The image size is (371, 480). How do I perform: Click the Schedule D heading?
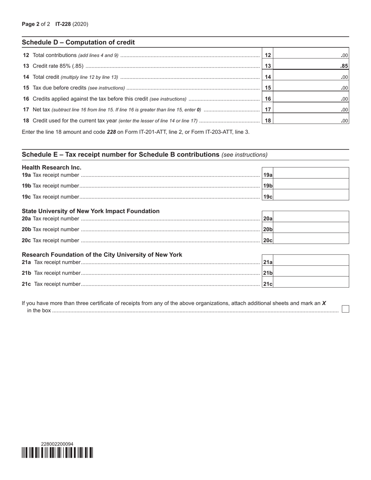pyautogui.click(x=78, y=42)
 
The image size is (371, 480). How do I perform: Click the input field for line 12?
pyautogui.click(x=310, y=55)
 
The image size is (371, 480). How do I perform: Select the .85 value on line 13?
pyautogui.click(x=344, y=66)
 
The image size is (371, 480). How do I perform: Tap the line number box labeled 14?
pyautogui.click(x=268, y=77)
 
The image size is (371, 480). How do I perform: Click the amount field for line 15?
pyautogui.click(x=310, y=88)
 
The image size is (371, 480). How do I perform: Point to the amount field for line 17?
pyautogui.click(x=310, y=110)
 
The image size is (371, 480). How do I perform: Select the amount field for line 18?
pyautogui.click(x=310, y=121)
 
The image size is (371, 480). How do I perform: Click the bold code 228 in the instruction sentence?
pyautogui.click(x=111, y=132)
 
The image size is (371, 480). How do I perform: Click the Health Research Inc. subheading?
pyautogui.click(x=52, y=167)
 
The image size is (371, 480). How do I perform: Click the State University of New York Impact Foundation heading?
pyautogui.click(x=91, y=211)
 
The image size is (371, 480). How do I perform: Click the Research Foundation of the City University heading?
pyautogui.click(x=102, y=255)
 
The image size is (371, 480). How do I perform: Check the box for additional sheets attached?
pyautogui.click(x=345, y=309)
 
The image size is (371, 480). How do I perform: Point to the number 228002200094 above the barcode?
pyautogui.click(x=57, y=444)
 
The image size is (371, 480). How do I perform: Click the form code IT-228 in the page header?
pyautogui.click(x=63, y=24)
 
